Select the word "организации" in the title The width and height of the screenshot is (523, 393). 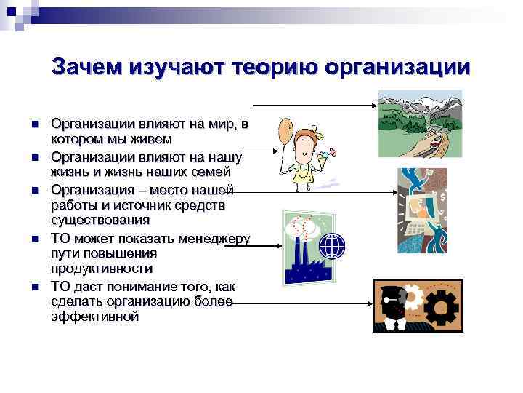(398, 67)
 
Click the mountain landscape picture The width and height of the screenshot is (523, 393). (420, 123)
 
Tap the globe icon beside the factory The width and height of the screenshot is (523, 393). (334, 246)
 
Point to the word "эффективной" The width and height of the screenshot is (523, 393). (94, 317)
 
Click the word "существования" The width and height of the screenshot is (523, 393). (100, 221)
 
